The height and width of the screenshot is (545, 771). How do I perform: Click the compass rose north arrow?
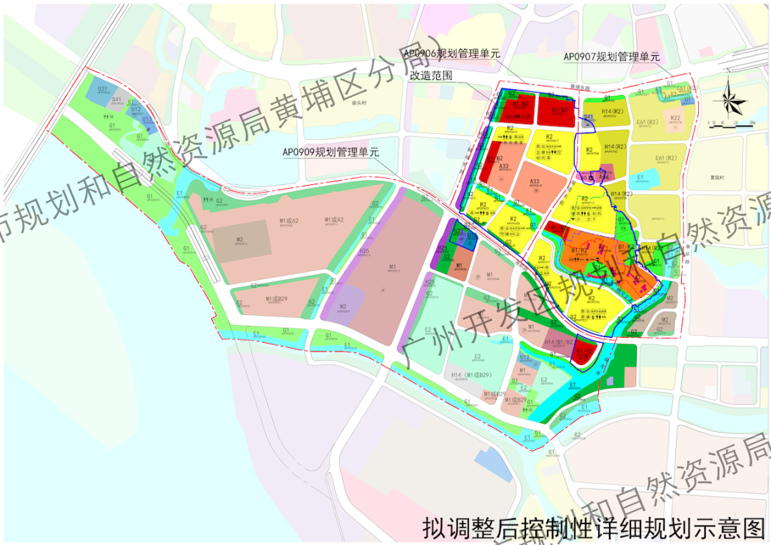pos(730,100)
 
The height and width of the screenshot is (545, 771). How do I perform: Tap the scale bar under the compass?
pos(730,124)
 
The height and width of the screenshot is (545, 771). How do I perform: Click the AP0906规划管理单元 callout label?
pos(452,54)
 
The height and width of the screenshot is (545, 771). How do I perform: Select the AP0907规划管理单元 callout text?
pos(612,56)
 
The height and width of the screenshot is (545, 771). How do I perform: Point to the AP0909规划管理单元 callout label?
pos(330,152)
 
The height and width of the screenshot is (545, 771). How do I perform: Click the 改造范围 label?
pos(432,74)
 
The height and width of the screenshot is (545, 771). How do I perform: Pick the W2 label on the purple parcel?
pos(343,307)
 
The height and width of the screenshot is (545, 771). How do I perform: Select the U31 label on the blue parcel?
pos(103,89)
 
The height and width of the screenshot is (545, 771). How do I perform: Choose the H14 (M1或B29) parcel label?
pos(472,375)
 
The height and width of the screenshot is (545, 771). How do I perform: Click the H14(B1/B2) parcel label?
pos(560,342)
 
